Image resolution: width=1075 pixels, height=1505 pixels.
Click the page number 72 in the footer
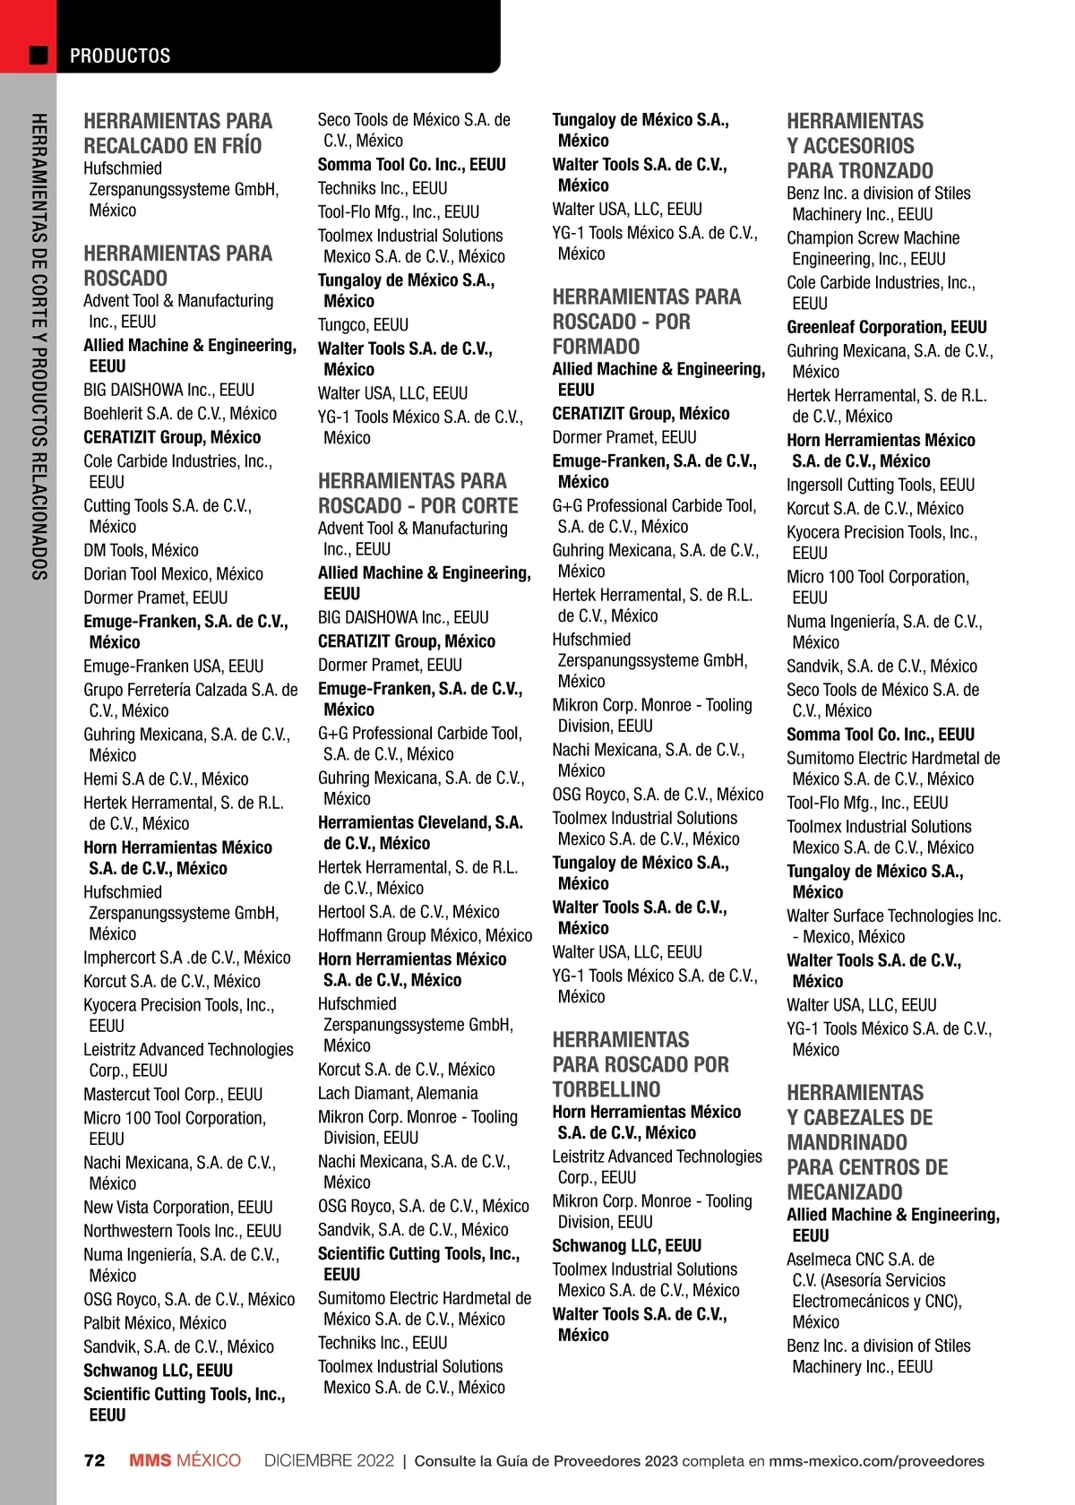(x=94, y=1461)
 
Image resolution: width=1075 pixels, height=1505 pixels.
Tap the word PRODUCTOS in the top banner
(x=120, y=56)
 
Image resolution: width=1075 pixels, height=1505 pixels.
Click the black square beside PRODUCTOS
(x=39, y=56)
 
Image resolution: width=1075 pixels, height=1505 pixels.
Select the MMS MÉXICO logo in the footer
(x=185, y=1461)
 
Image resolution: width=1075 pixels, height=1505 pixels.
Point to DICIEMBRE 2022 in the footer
(x=329, y=1461)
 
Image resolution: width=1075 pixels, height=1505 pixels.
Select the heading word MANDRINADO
(x=847, y=1142)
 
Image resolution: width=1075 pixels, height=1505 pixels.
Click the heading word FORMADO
(x=596, y=347)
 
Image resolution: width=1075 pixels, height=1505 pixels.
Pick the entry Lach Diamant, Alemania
(x=398, y=1093)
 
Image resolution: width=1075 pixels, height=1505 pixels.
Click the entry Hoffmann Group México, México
(x=425, y=935)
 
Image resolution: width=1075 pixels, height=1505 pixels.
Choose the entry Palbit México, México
(x=155, y=1323)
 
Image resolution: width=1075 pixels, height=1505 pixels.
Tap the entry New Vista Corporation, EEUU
(x=178, y=1208)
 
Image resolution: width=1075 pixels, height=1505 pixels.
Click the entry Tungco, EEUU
(x=363, y=324)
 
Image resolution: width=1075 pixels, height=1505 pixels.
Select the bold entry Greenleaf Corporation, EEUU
(x=887, y=327)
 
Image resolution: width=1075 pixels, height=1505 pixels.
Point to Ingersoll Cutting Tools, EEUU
(x=881, y=485)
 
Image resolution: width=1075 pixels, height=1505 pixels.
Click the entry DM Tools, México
(x=141, y=550)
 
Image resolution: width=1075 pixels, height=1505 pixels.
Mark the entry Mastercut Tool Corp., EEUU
(x=173, y=1095)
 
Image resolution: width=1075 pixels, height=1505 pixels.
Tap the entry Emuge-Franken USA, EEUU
(x=174, y=666)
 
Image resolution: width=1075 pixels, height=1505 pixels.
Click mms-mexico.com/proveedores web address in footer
(x=876, y=1461)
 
